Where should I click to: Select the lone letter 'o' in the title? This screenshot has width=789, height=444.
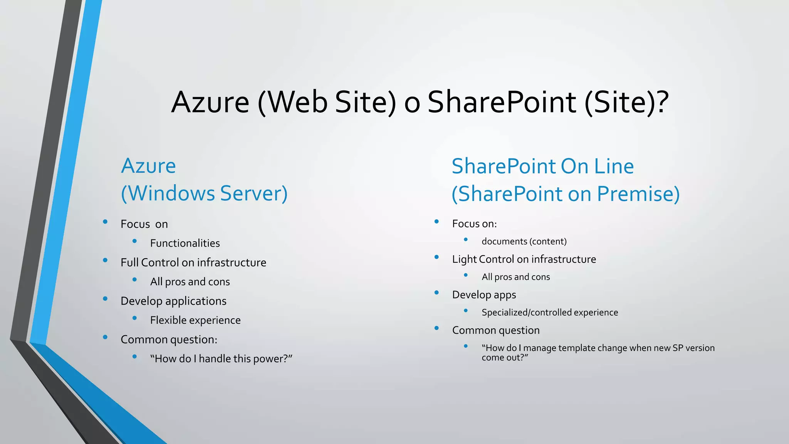point(412,104)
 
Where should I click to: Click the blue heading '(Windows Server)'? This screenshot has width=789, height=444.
point(204,193)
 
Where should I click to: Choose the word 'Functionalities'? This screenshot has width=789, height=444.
point(185,243)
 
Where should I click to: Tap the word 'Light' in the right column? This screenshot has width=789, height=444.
point(464,259)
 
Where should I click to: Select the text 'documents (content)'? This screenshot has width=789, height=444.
point(524,242)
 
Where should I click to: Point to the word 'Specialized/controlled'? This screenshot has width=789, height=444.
point(526,313)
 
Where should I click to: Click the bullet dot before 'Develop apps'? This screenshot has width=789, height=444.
point(436,293)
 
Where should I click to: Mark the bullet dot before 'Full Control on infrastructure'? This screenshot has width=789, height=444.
point(105,260)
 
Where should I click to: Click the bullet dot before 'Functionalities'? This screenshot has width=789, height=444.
point(134,241)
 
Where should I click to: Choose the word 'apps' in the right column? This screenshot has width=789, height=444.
point(505,295)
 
